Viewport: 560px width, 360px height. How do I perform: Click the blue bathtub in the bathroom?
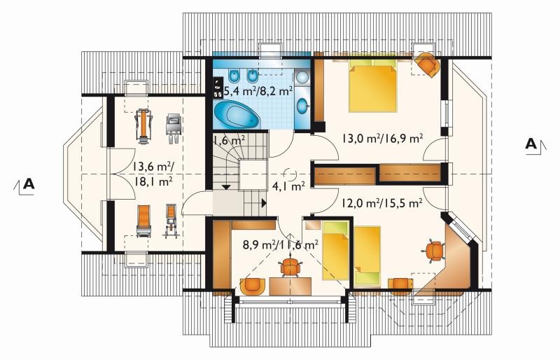pyautogui.click(x=237, y=114)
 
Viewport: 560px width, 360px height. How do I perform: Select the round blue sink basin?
pyautogui.click(x=303, y=106)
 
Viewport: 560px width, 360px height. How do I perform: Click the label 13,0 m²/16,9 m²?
pyautogui.click(x=383, y=138)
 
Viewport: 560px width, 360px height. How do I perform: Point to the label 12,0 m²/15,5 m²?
pyautogui.click(x=382, y=203)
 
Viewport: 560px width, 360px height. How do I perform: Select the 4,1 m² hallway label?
pyautogui.click(x=288, y=186)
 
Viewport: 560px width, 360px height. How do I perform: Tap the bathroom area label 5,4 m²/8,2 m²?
pyautogui.click(x=258, y=92)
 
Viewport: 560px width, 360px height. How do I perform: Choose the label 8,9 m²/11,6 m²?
pyautogui.click(x=281, y=245)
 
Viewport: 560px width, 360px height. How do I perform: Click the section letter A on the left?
pyautogui.click(x=29, y=184)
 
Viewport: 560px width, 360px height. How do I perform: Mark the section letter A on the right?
pyautogui.click(x=531, y=144)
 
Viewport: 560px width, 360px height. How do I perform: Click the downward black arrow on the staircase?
pyautogui.click(x=226, y=187)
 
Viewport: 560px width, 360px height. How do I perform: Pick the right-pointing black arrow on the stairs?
pyautogui.click(x=264, y=203)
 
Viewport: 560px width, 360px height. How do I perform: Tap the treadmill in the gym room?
pyautogui.click(x=144, y=126)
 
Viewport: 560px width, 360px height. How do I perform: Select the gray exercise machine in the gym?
pyautogui.click(x=174, y=128)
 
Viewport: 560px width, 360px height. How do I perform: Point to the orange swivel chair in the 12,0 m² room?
pyautogui.click(x=434, y=251)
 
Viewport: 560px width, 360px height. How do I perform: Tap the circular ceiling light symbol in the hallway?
pyautogui.click(x=289, y=174)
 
